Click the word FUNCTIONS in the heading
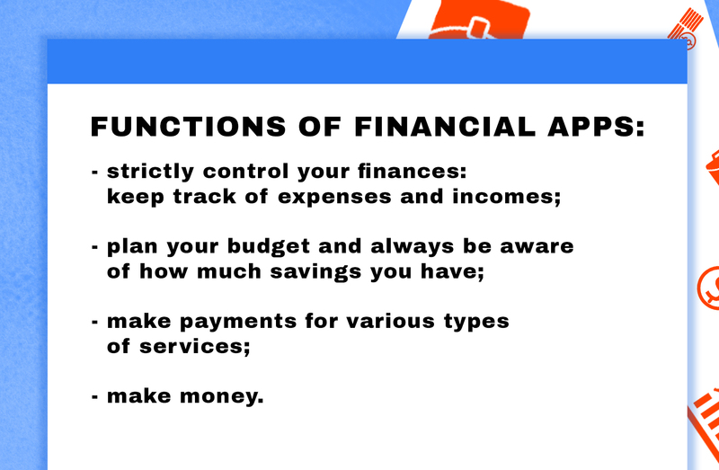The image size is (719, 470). (189, 127)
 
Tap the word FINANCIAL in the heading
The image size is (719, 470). (445, 127)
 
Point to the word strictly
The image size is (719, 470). (150, 172)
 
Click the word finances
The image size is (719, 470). (413, 171)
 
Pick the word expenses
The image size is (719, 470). (334, 197)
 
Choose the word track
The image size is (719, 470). (205, 196)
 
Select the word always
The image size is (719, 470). (413, 247)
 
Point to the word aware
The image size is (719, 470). (537, 247)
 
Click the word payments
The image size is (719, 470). (238, 322)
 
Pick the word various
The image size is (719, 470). (390, 322)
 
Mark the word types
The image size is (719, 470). (476, 322)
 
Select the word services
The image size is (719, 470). (195, 347)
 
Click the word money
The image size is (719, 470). (222, 397)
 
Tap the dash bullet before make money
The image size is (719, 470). (95, 396)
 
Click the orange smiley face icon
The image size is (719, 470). (708, 288)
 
